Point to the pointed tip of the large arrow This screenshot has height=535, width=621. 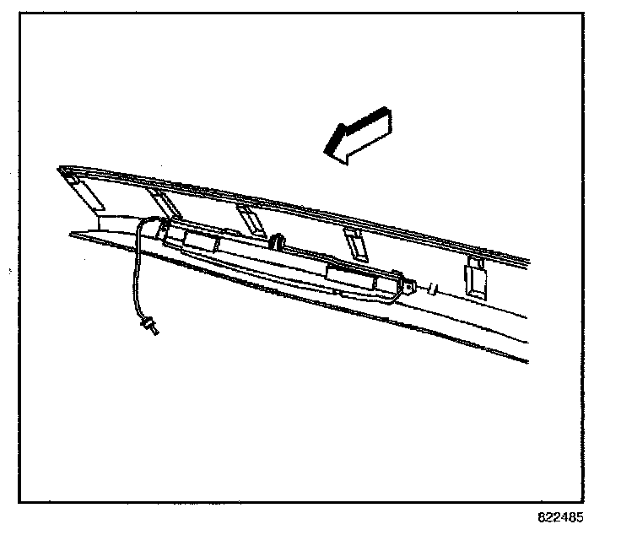coord(327,151)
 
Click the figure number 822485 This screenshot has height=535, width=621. coord(559,517)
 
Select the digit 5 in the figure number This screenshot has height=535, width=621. coord(578,517)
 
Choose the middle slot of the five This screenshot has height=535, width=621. coord(250,219)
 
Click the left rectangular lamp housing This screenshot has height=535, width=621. coord(201,242)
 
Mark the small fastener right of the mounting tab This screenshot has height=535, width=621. coord(433,289)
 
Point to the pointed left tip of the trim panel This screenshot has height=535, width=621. coord(61,170)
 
